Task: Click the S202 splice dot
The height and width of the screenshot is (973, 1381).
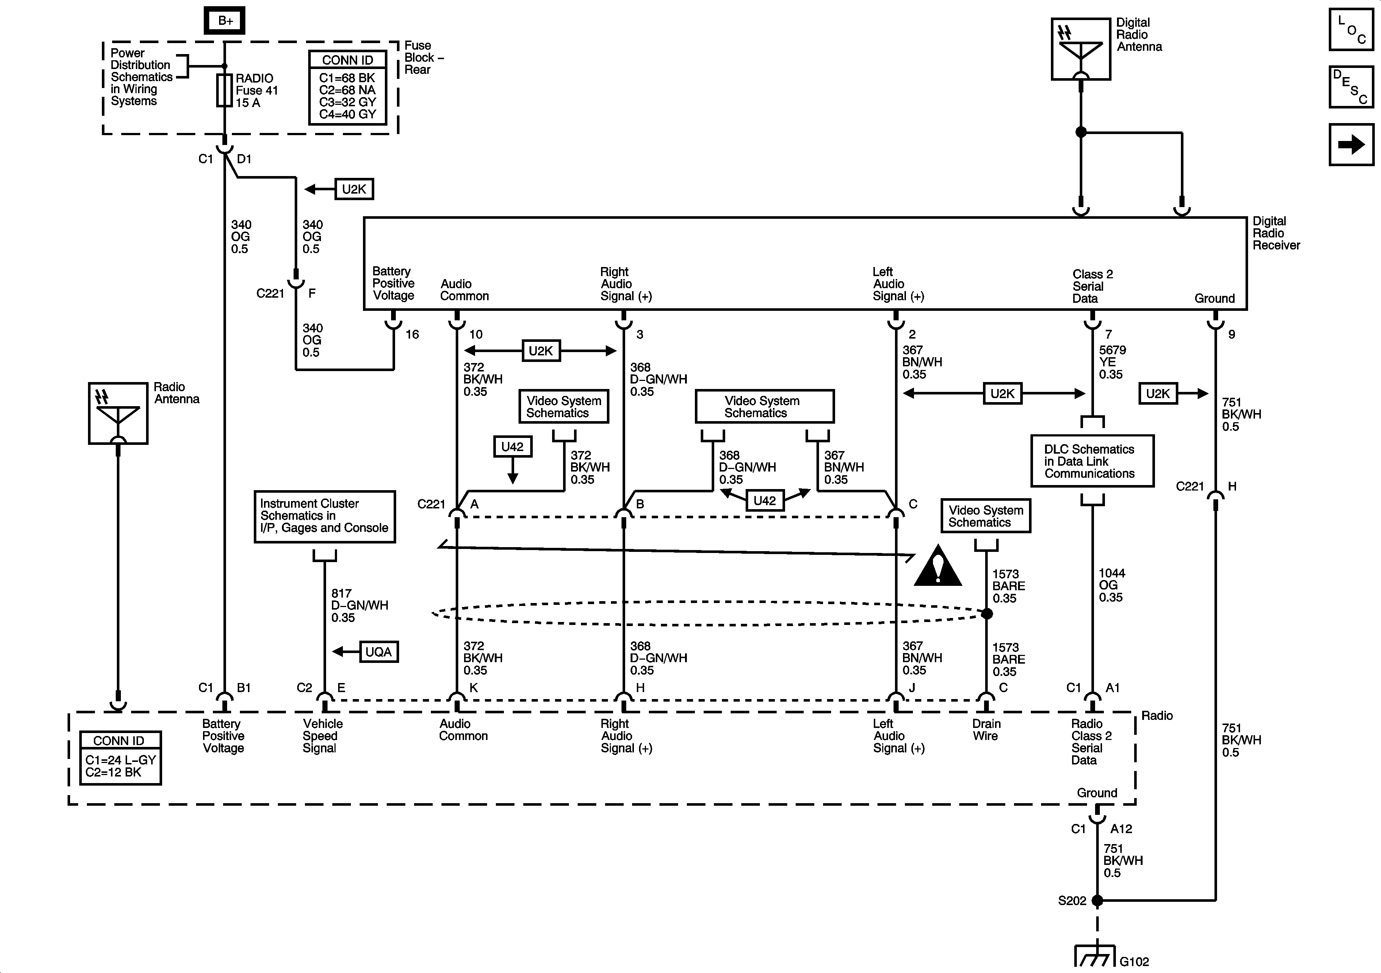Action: coord(1097,901)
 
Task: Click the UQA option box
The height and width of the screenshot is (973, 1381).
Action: coord(378,652)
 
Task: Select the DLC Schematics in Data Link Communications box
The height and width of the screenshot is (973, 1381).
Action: coord(1092,461)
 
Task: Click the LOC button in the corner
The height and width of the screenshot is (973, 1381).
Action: coord(1351,29)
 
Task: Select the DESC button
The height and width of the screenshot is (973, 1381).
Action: coord(1351,87)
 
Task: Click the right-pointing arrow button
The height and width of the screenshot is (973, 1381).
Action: coord(1351,144)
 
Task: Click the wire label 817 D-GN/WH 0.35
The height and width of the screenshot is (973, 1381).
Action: coord(359,605)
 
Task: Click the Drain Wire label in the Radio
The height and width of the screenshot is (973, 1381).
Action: coord(986,730)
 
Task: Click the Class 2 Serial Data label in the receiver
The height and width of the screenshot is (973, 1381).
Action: coord(1092,286)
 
